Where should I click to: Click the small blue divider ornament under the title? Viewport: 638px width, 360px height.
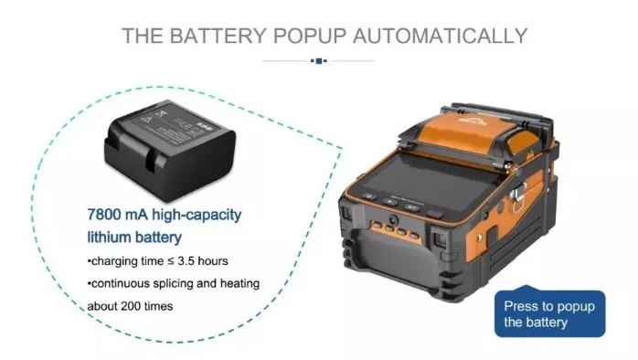tap(318, 60)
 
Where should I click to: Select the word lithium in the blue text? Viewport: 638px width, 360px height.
tap(100, 237)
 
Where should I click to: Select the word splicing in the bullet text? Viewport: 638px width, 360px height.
tap(176, 283)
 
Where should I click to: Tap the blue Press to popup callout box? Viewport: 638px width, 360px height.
tap(548, 314)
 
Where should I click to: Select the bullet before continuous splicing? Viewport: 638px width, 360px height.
tap(90, 283)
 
